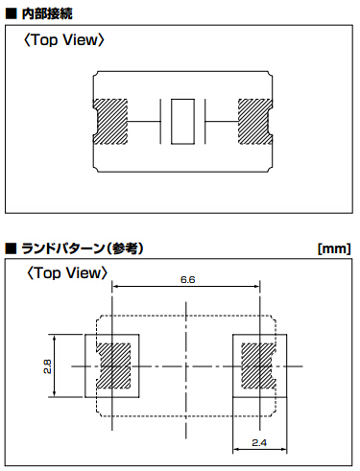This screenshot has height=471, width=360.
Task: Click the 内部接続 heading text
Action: pos(47,13)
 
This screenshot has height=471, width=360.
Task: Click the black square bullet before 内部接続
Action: pos(11,13)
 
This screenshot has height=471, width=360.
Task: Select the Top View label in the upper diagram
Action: pos(64,40)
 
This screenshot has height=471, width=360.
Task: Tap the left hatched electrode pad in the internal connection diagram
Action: pos(110,122)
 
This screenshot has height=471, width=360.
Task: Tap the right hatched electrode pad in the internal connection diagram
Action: pos(255,122)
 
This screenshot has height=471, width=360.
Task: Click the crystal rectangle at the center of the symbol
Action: pos(182,122)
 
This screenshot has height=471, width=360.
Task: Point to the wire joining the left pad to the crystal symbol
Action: pos(144,122)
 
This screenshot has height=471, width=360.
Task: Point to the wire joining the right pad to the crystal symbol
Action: pos(222,122)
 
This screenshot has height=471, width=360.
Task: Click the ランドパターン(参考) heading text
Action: pos(83,248)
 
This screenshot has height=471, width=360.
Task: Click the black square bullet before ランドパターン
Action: pos(11,248)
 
